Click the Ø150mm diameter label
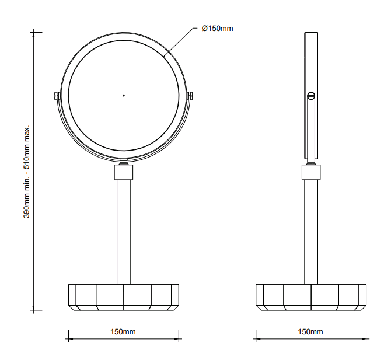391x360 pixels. pyautogui.click(x=217, y=29)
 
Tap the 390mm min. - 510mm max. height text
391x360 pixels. pyautogui.click(x=26, y=172)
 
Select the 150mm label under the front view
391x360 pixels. pyautogui.click(x=123, y=332)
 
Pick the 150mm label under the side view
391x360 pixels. pyautogui.click(x=310, y=332)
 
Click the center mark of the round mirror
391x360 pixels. pyautogui.click(x=124, y=96)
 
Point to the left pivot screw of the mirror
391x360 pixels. pyautogui.click(x=57, y=96)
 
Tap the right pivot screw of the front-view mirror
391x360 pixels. pyautogui.click(x=190, y=96)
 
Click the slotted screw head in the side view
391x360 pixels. pyautogui.click(x=311, y=96)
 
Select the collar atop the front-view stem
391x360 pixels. pyautogui.click(x=124, y=172)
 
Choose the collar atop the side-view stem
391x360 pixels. pyautogui.click(x=311, y=172)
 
